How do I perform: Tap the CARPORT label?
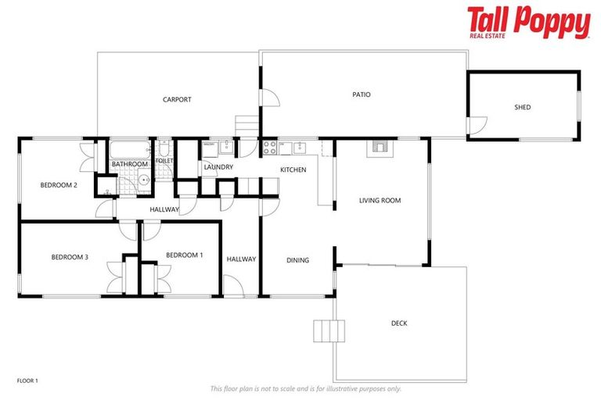tap(177, 100)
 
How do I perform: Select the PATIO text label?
tap(361, 95)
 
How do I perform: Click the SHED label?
tap(522, 107)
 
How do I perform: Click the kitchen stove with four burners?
tap(269, 146)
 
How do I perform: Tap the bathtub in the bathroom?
tap(129, 150)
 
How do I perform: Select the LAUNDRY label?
tap(219, 167)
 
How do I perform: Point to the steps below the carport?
tap(247, 125)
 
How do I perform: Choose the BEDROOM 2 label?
tap(59, 185)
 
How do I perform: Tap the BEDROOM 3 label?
tap(70, 257)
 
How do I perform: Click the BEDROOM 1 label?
tap(185, 255)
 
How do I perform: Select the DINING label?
tap(297, 261)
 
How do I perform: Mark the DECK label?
tap(399, 323)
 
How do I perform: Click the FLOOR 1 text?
tap(27, 380)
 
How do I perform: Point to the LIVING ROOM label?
tap(380, 201)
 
